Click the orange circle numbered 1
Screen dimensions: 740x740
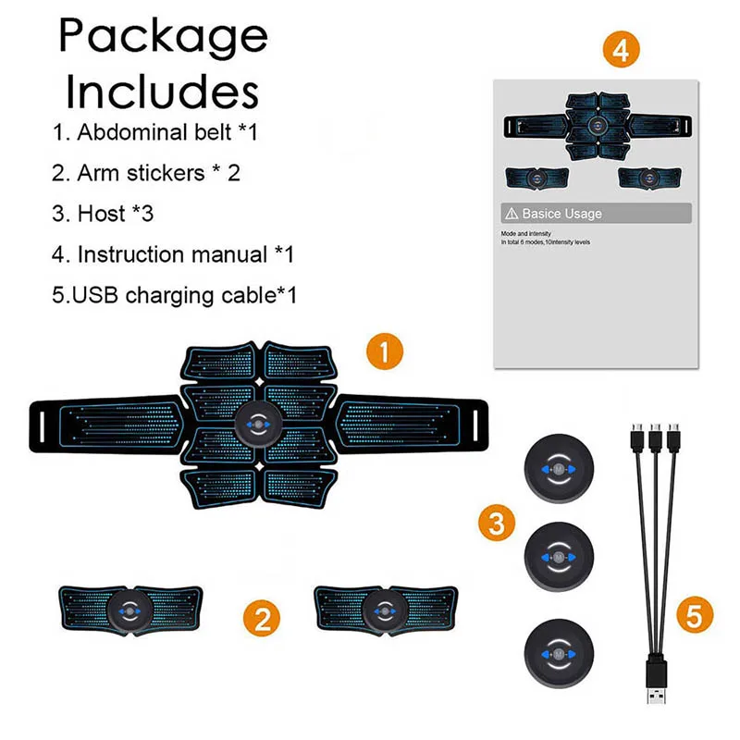coord(384,353)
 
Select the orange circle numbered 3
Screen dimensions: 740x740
coord(497,524)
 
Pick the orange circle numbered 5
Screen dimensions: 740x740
coord(695,615)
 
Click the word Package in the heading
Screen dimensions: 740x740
coord(163,37)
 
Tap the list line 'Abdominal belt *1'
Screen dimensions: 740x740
coord(154,131)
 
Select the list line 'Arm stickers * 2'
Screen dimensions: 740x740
coord(146,172)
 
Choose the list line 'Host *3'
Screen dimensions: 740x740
coord(103,214)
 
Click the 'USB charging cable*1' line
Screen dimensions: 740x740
coord(174,296)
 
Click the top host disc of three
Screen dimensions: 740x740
coord(558,469)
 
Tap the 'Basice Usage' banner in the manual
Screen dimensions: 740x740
coord(593,214)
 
